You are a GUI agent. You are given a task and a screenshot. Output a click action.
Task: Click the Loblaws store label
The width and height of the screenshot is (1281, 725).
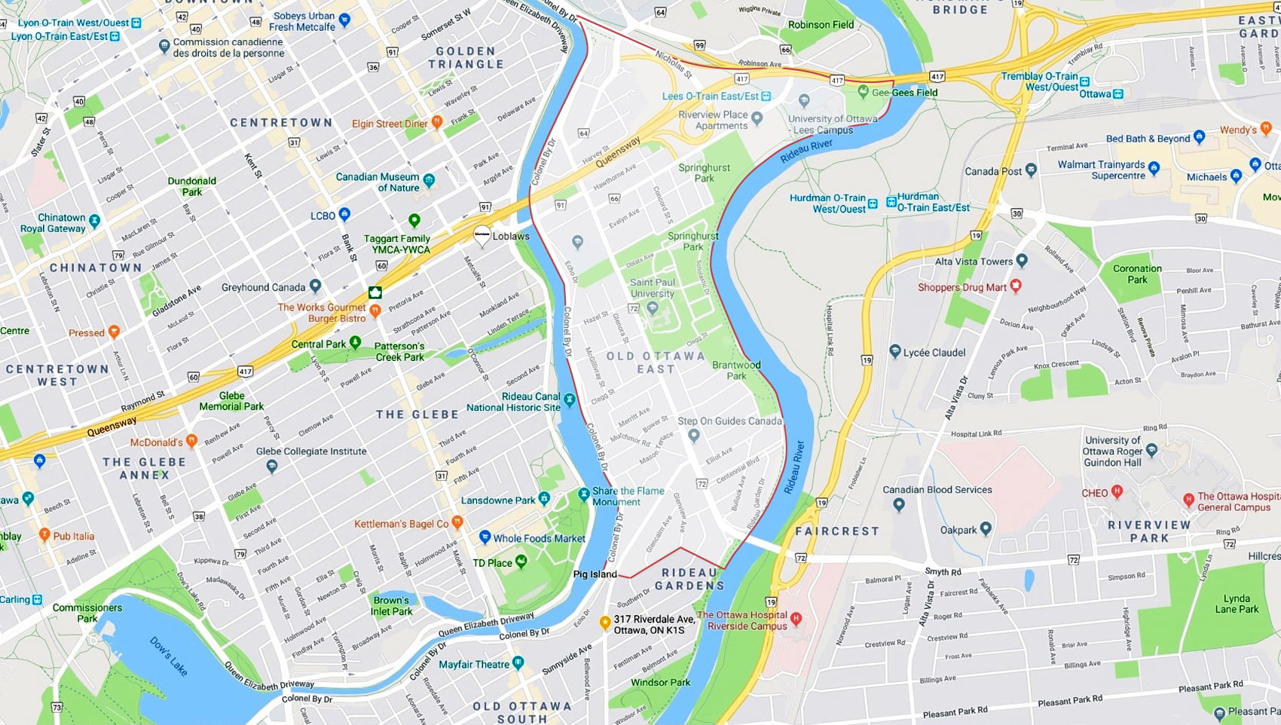point(511,236)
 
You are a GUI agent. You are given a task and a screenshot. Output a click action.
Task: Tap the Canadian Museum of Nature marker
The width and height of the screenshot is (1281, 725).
point(429,180)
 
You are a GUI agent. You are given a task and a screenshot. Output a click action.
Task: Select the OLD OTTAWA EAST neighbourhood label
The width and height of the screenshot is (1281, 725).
point(656,362)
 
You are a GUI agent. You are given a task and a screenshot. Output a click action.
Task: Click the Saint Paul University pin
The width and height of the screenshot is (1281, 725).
point(653,307)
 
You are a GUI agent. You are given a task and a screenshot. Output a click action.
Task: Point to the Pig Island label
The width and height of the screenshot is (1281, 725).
point(595,574)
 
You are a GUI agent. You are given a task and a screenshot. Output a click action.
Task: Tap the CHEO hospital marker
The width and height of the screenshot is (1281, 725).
point(1117,492)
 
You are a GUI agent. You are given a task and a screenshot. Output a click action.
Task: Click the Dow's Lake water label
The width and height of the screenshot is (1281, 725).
point(168,656)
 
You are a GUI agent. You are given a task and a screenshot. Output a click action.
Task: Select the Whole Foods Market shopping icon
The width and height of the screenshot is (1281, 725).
point(485,537)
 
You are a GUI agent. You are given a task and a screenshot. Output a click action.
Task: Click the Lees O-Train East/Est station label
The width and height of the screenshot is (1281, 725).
point(710,96)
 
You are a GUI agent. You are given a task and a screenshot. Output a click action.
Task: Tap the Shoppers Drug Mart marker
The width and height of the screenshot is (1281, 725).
point(1016,286)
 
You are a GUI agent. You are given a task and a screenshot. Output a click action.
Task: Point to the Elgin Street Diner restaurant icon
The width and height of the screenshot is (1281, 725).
point(436,122)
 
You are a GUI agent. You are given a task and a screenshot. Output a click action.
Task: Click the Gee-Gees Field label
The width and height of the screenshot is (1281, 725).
point(904,93)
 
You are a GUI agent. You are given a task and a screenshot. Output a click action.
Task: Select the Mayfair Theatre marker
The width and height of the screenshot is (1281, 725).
point(518,662)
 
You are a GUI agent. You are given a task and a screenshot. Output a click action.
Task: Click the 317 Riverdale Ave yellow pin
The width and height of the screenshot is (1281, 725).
point(604,623)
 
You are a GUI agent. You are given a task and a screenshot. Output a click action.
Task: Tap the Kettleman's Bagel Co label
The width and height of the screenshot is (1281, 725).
point(402,524)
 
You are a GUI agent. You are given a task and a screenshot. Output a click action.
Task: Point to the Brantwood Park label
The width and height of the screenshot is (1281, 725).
point(736,370)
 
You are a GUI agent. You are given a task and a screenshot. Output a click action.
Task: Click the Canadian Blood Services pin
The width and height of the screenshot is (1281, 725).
point(898,505)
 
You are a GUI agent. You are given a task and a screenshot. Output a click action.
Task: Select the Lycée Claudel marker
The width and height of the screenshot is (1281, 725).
point(895,351)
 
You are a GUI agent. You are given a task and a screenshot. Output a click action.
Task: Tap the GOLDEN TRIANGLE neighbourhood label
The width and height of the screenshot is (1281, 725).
point(466,58)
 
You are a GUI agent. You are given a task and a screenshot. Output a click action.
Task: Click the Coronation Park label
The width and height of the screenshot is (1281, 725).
point(1137,274)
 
